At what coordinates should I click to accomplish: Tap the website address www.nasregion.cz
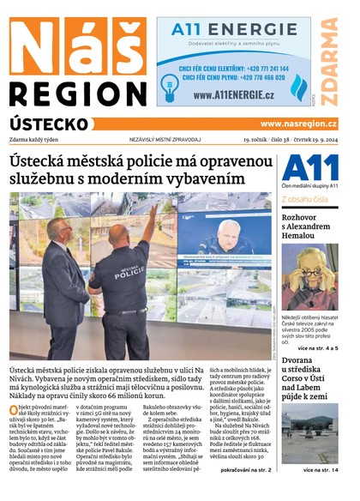[298, 124]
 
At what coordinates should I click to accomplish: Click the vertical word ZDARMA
[329, 58]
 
